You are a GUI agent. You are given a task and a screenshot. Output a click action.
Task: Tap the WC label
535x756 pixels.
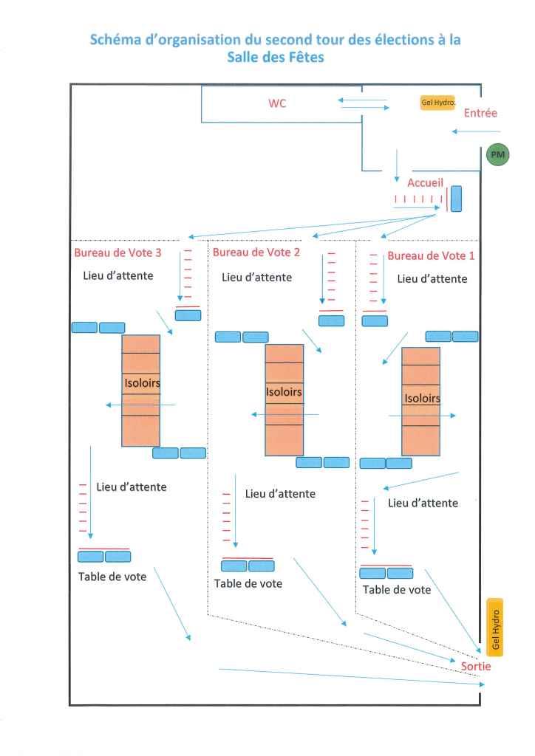277,103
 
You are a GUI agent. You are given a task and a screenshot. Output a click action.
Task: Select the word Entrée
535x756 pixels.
480,113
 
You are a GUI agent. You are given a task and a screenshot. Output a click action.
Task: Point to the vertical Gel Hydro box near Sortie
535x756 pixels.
495,626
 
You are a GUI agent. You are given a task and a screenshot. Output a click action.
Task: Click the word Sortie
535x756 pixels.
476,666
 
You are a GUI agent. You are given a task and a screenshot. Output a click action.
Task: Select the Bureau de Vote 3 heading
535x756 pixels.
117,252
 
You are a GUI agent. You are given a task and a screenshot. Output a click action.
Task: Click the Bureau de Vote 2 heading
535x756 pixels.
256,252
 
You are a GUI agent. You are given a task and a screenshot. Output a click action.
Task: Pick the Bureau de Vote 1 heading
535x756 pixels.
431,255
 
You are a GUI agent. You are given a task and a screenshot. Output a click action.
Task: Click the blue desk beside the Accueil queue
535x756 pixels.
456,199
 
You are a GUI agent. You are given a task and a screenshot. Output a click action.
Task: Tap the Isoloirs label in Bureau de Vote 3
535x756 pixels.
142,383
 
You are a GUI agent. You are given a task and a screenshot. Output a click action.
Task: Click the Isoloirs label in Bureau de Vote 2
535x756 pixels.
284,392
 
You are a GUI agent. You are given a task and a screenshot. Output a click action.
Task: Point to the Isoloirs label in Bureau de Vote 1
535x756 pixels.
422,399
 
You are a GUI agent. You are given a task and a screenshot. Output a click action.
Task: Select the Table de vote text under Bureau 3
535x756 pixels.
112,577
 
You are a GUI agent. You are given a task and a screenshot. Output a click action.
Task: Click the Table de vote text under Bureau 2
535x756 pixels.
248,583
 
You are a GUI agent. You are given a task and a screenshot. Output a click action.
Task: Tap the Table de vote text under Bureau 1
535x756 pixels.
397,590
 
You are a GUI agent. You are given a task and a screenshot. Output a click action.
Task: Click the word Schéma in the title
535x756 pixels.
118,40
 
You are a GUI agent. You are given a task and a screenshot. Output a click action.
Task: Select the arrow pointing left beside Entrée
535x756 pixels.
466,132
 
